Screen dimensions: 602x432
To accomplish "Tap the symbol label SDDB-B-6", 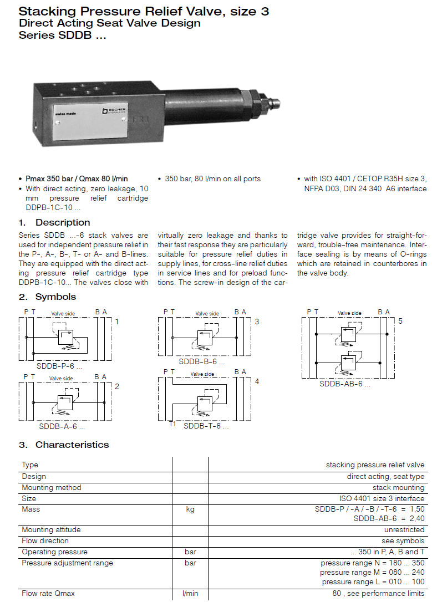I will [x=202, y=361].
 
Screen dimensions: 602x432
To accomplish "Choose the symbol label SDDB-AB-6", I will [x=344, y=383].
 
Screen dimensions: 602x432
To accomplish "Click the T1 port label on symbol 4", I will [x=172, y=425].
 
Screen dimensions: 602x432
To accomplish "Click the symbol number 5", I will [x=400, y=321].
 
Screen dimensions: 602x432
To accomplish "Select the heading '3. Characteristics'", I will [x=64, y=445].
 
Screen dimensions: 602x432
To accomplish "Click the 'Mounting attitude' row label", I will [x=51, y=529].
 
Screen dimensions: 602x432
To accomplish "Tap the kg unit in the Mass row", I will [x=190, y=509].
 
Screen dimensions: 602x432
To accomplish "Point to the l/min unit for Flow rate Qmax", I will [x=190, y=593].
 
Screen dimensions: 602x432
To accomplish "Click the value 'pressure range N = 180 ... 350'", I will [x=372, y=563].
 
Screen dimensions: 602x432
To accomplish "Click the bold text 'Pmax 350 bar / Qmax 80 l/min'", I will [x=77, y=178].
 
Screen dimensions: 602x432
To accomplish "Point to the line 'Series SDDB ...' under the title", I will [x=62, y=35].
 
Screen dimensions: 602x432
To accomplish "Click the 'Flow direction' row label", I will [x=45, y=540].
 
